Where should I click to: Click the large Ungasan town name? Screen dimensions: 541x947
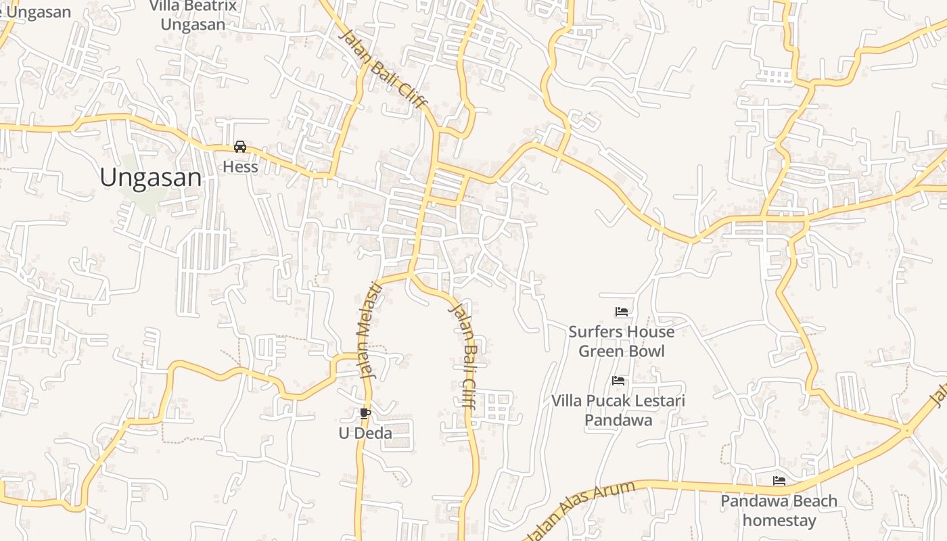(x=150, y=177)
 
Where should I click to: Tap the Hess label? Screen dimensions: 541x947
(x=240, y=166)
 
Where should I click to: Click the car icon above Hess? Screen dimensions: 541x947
(x=240, y=147)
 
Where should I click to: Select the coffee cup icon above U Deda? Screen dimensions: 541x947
(x=365, y=413)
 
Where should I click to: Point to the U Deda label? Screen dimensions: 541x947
(x=365, y=433)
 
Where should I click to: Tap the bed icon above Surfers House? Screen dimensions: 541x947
(x=621, y=312)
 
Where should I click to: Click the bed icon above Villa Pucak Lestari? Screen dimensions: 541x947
(x=618, y=381)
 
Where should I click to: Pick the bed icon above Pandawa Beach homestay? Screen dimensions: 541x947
(x=779, y=481)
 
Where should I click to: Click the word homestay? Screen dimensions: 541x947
(x=779, y=521)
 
